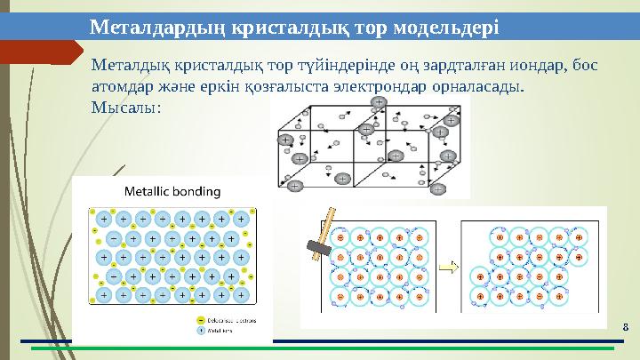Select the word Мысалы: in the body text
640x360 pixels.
126,108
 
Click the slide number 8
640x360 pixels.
626,329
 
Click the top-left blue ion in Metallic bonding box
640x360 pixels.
105,218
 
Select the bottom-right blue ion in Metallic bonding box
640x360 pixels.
241,294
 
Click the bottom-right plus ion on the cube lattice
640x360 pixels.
444,153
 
